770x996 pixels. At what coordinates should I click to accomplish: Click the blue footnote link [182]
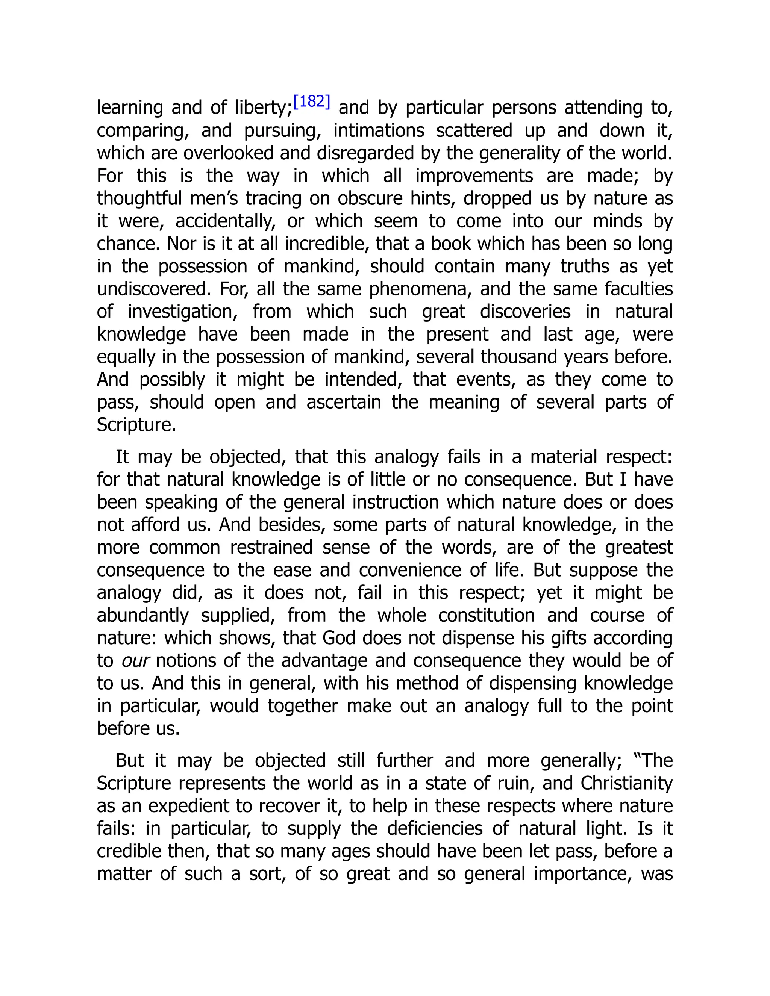coord(312,102)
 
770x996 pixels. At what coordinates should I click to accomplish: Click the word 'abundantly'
coord(143,615)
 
